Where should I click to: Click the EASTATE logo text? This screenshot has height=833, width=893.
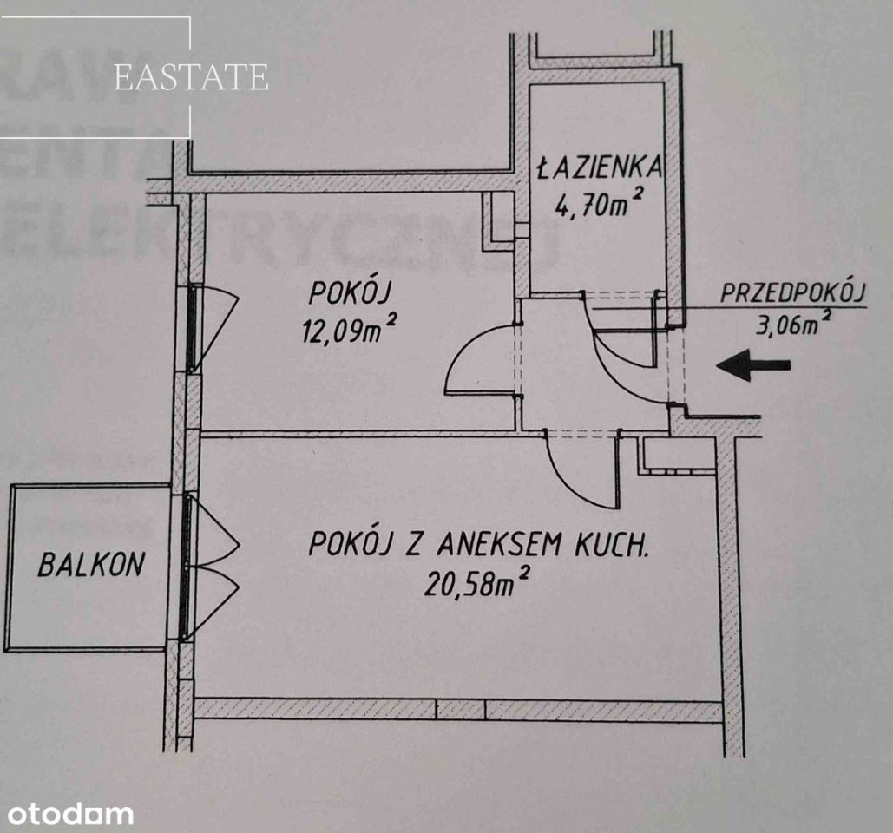pos(191,77)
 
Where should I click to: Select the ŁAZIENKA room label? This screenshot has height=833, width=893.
pos(601,167)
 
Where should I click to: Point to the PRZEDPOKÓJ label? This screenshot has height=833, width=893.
pos(793,292)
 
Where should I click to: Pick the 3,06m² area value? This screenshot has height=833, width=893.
pos(792,325)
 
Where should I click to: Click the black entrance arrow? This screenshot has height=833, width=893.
pos(753,365)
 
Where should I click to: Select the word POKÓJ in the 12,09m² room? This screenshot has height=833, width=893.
pos(349,293)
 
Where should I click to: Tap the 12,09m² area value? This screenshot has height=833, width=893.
pos(349,329)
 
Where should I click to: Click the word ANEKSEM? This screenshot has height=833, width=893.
pos(499,545)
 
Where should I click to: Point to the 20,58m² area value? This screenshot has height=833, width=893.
pos(477,582)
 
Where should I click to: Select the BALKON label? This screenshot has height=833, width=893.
pos(91,564)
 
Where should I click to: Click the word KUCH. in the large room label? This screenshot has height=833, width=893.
pos(611,545)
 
